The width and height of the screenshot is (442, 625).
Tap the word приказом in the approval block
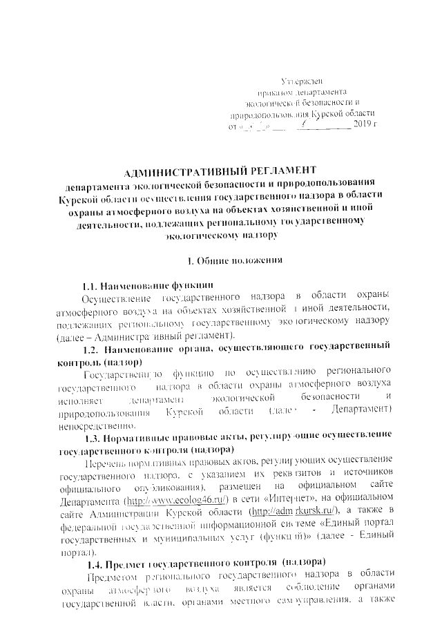click(273, 93)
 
